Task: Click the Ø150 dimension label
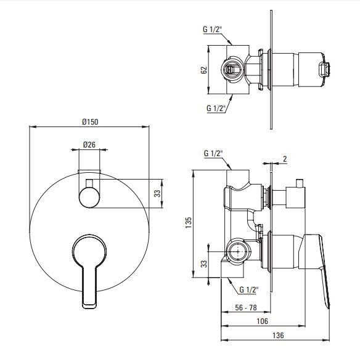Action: coord(90,122)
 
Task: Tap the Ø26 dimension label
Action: coord(89,144)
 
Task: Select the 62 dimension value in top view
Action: coord(204,70)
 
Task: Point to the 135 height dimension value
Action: coord(188,222)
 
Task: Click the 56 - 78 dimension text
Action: coord(246,307)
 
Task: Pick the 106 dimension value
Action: coord(262,321)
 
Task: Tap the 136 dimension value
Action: coord(278,335)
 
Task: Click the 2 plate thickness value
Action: coord(285,159)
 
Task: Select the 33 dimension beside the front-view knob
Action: coord(157,193)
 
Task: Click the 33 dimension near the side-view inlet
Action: coord(204,264)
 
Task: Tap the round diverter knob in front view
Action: coord(89,197)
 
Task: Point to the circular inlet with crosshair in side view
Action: coord(237,251)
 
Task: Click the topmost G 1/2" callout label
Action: coord(212,30)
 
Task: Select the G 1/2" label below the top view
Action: coord(216,108)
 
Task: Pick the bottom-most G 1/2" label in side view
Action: coord(248,289)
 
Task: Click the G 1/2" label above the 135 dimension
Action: coord(213,153)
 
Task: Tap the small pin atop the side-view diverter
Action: coord(299,183)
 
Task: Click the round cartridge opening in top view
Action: coord(232,69)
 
